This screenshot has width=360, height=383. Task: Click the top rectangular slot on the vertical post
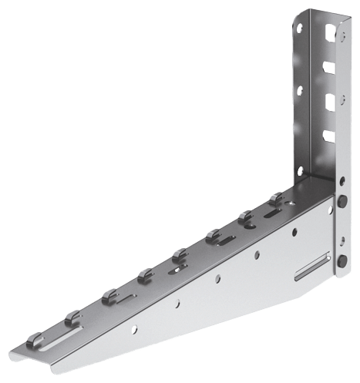tap(330, 35)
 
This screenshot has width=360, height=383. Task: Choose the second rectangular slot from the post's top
tap(330, 67)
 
